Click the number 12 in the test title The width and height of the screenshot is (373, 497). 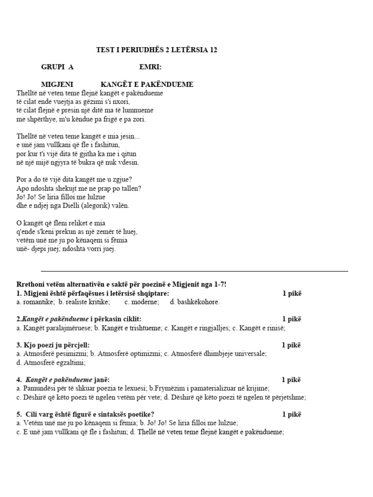click(x=213, y=50)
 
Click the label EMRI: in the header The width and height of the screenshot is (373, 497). click(x=151, y=67)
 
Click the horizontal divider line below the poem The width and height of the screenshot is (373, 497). click(x=194, y=271)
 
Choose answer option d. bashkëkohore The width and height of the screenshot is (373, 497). click(x=195, y=302)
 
